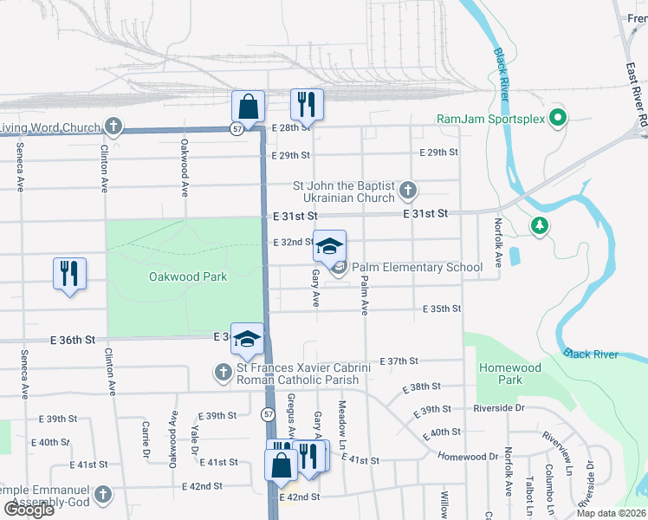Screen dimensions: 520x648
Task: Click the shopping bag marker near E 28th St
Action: click(x=248, y=107)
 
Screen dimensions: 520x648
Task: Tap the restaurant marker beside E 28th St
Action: click(x=307, y=104)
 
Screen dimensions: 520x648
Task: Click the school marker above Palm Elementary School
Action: click(x=329, y=245)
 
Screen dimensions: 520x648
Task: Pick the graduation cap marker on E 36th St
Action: click(x=247, y=341)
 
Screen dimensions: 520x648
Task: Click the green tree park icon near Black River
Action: click(x=541, y=226)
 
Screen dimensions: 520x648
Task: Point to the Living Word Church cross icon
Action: click(x=113, y=127)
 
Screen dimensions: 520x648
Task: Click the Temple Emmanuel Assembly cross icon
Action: click(x=102, y=495)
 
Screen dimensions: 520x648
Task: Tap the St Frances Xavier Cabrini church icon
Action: click(x=224, y=373)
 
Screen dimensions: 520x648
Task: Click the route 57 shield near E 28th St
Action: click(x=237, y=129)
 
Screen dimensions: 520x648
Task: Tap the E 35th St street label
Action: click(x=442, y=309)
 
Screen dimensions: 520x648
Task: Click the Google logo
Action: click(x=29, y=509)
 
